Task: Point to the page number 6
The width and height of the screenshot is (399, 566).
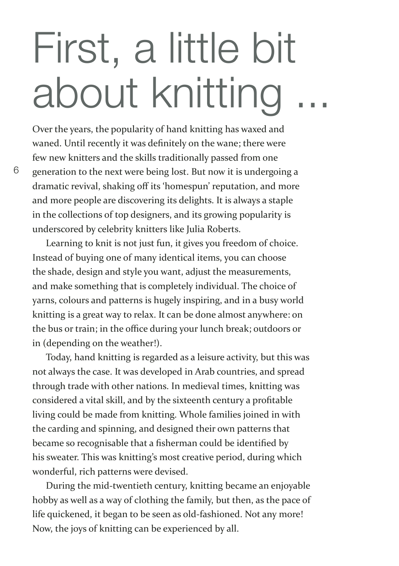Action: coord(16,171)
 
